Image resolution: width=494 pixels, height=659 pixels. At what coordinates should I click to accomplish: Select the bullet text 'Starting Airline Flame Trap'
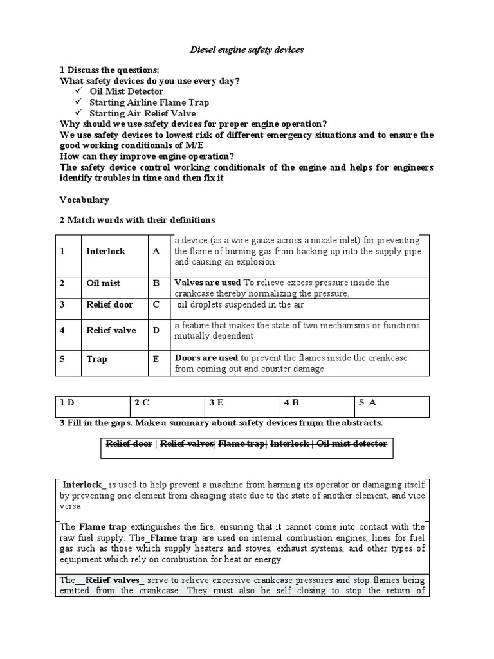coord(149,102)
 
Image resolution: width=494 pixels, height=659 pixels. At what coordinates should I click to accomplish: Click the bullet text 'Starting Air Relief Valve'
coord(143,113)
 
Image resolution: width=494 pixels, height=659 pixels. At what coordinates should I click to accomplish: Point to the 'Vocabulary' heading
coord(84,200)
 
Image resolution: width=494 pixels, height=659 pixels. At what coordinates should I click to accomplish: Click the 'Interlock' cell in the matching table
coord(106,252)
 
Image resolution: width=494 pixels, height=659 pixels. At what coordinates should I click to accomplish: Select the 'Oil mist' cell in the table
coord(104,283)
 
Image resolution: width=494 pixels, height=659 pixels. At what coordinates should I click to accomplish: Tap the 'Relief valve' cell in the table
coord(111,330)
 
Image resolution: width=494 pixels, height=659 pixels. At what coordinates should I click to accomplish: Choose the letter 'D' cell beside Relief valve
coord(156,330)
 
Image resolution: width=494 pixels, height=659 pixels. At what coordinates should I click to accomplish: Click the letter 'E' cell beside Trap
coord(156,360)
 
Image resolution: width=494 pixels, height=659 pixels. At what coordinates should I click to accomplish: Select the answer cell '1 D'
coord(68,403)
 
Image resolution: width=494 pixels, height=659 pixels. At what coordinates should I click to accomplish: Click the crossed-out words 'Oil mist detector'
coord(352,443)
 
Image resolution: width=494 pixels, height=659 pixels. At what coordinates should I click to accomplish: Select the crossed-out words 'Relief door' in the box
coord(130,443)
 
